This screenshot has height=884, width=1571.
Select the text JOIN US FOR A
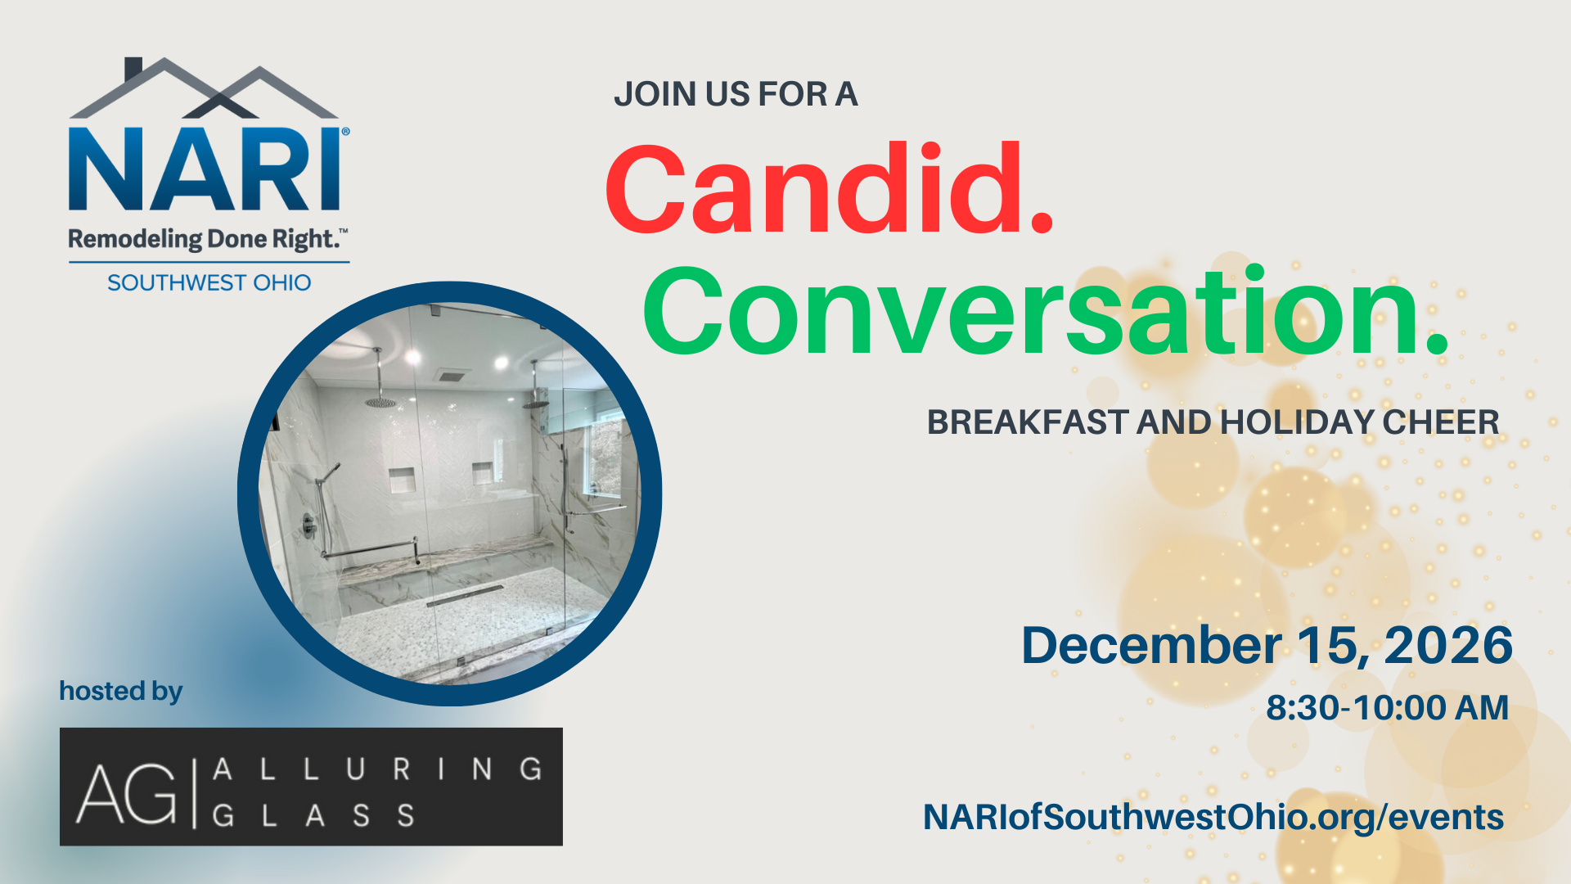point(736,94)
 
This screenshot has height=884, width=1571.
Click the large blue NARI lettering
point(205,169)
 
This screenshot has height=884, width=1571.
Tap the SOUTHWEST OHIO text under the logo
point(209,282)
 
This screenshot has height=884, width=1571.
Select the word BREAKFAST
point(1028,422)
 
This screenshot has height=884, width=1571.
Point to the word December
point(1151,646)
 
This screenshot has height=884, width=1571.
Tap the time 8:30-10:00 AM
point(1387,708)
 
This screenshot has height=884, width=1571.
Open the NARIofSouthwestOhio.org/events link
point(1213,817)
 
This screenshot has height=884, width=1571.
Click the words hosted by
point(121,692)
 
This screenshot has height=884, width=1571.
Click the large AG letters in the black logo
point(127,792)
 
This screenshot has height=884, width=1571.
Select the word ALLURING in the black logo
point(377,769)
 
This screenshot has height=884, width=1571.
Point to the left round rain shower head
point(380,402)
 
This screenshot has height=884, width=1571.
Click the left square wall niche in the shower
point(402,480)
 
